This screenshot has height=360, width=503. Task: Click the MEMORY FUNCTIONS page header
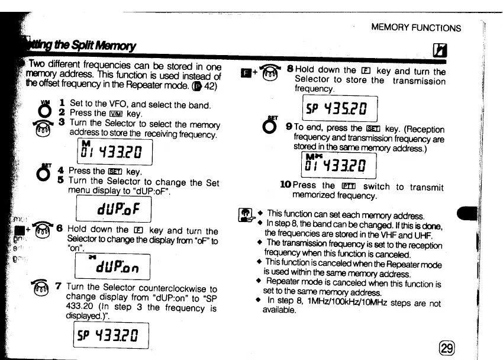tap(415, 27)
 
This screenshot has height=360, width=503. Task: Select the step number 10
tap(285, 185)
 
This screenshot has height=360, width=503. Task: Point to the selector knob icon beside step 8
tap(270, 75)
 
